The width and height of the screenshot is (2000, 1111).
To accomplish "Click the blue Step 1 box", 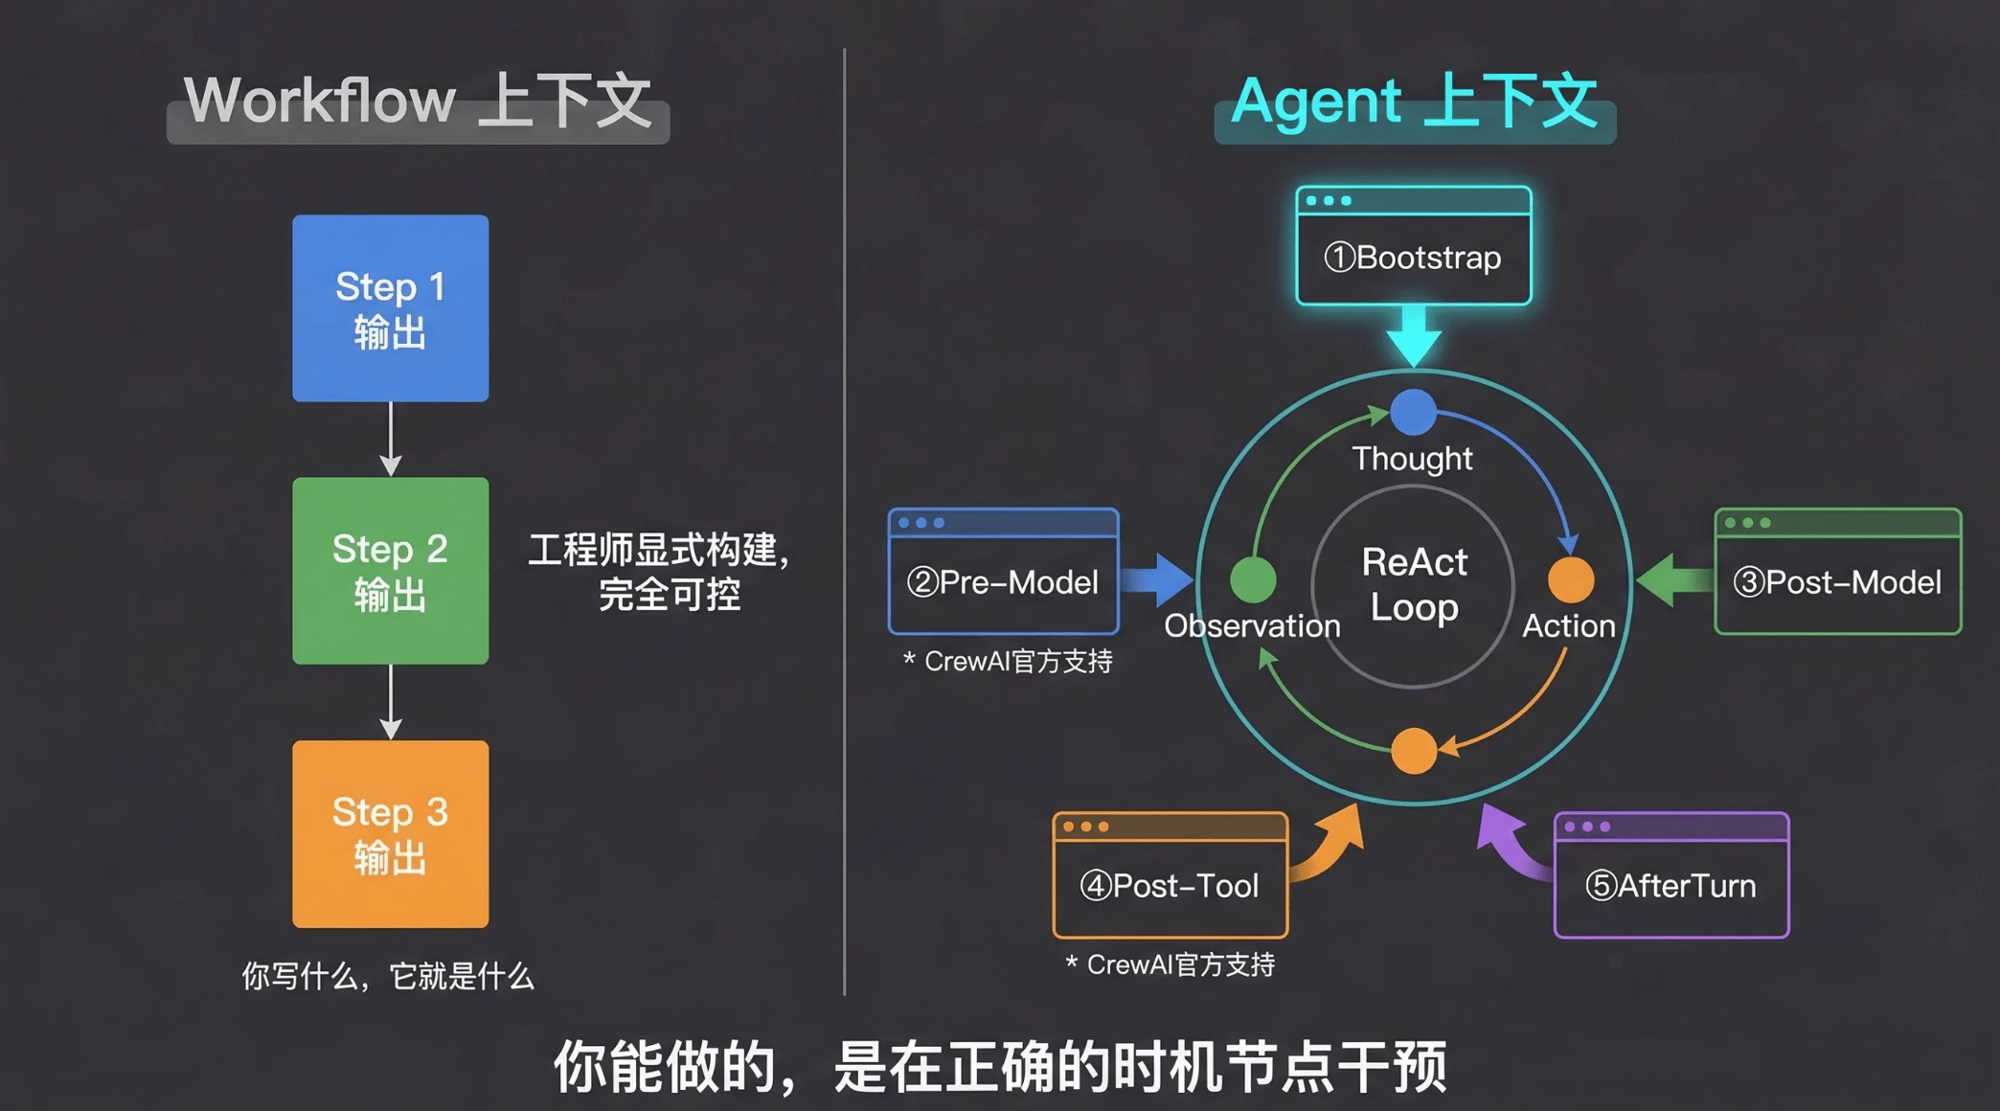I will (390, 307).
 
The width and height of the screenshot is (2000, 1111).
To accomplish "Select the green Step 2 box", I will (390, 571).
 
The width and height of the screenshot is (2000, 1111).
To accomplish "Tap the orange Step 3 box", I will (390, 833).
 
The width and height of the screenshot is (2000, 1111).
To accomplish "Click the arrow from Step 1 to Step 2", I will (390, 439).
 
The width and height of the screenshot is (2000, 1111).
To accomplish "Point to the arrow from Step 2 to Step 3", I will (390, 702).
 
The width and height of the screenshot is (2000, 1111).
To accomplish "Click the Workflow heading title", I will (418, 102).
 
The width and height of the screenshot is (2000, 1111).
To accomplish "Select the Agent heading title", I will (1414, 102).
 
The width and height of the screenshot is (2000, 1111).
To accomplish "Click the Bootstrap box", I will (1413, 246).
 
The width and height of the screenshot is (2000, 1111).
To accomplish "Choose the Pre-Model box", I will (1003, 572).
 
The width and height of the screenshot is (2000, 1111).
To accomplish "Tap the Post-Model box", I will (1837, 572).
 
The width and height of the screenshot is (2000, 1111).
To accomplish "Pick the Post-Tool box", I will (1170, 875).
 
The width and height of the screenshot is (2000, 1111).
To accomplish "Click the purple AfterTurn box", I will (1670, 875).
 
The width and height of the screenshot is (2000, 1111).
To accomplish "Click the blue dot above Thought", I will (1413, 412).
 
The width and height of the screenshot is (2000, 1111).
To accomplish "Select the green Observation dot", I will (1253, 578).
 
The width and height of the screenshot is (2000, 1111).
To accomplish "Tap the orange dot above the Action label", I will (1571, 578).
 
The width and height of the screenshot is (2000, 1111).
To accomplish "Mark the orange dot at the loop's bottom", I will (1413, 750).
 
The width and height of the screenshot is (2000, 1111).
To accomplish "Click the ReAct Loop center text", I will (1414, 584).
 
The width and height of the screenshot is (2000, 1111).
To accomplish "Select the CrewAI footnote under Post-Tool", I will (1170, 964).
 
